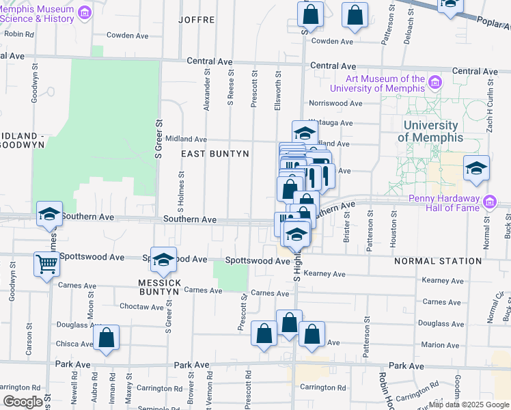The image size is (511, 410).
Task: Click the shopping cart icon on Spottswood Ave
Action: (46, 263)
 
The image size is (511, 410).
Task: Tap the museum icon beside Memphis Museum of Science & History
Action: (85, 12)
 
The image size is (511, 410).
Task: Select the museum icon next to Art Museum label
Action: (434, 83)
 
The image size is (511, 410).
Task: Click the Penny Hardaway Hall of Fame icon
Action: (490, 202)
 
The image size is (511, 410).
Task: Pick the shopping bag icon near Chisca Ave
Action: (107, 337)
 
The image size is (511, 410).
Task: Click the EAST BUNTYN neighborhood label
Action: (215, 154)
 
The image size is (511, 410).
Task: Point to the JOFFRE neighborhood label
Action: (196, 20)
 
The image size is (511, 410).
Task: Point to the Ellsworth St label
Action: (278, 88)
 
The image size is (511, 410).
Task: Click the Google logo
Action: (23, 402)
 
